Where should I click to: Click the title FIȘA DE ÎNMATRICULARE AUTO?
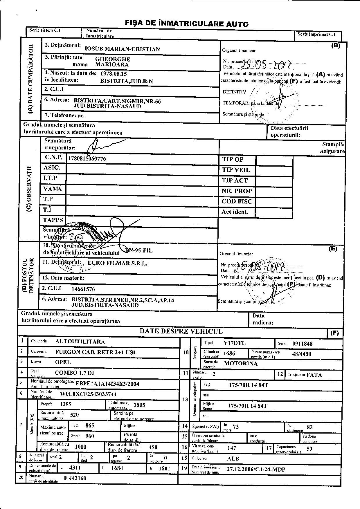[186, 24]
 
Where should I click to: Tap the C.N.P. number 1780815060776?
[87, 159]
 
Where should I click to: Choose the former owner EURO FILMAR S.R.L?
[117, 263]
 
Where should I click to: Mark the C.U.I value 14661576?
[83, 289]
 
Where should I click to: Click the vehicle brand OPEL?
[63, 362]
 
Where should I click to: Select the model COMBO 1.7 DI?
[75, 373]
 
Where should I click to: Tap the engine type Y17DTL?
[235, 343]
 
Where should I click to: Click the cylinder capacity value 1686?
[229, 353]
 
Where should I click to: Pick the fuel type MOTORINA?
[241, 363]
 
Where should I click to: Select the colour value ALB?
[233, 459]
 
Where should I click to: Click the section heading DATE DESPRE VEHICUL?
[181, 331]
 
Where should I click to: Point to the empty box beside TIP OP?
[274, 160]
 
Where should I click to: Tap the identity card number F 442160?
[75, 478]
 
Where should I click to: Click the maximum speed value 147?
[232, 448]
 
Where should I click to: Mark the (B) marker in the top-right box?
[336, 45]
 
